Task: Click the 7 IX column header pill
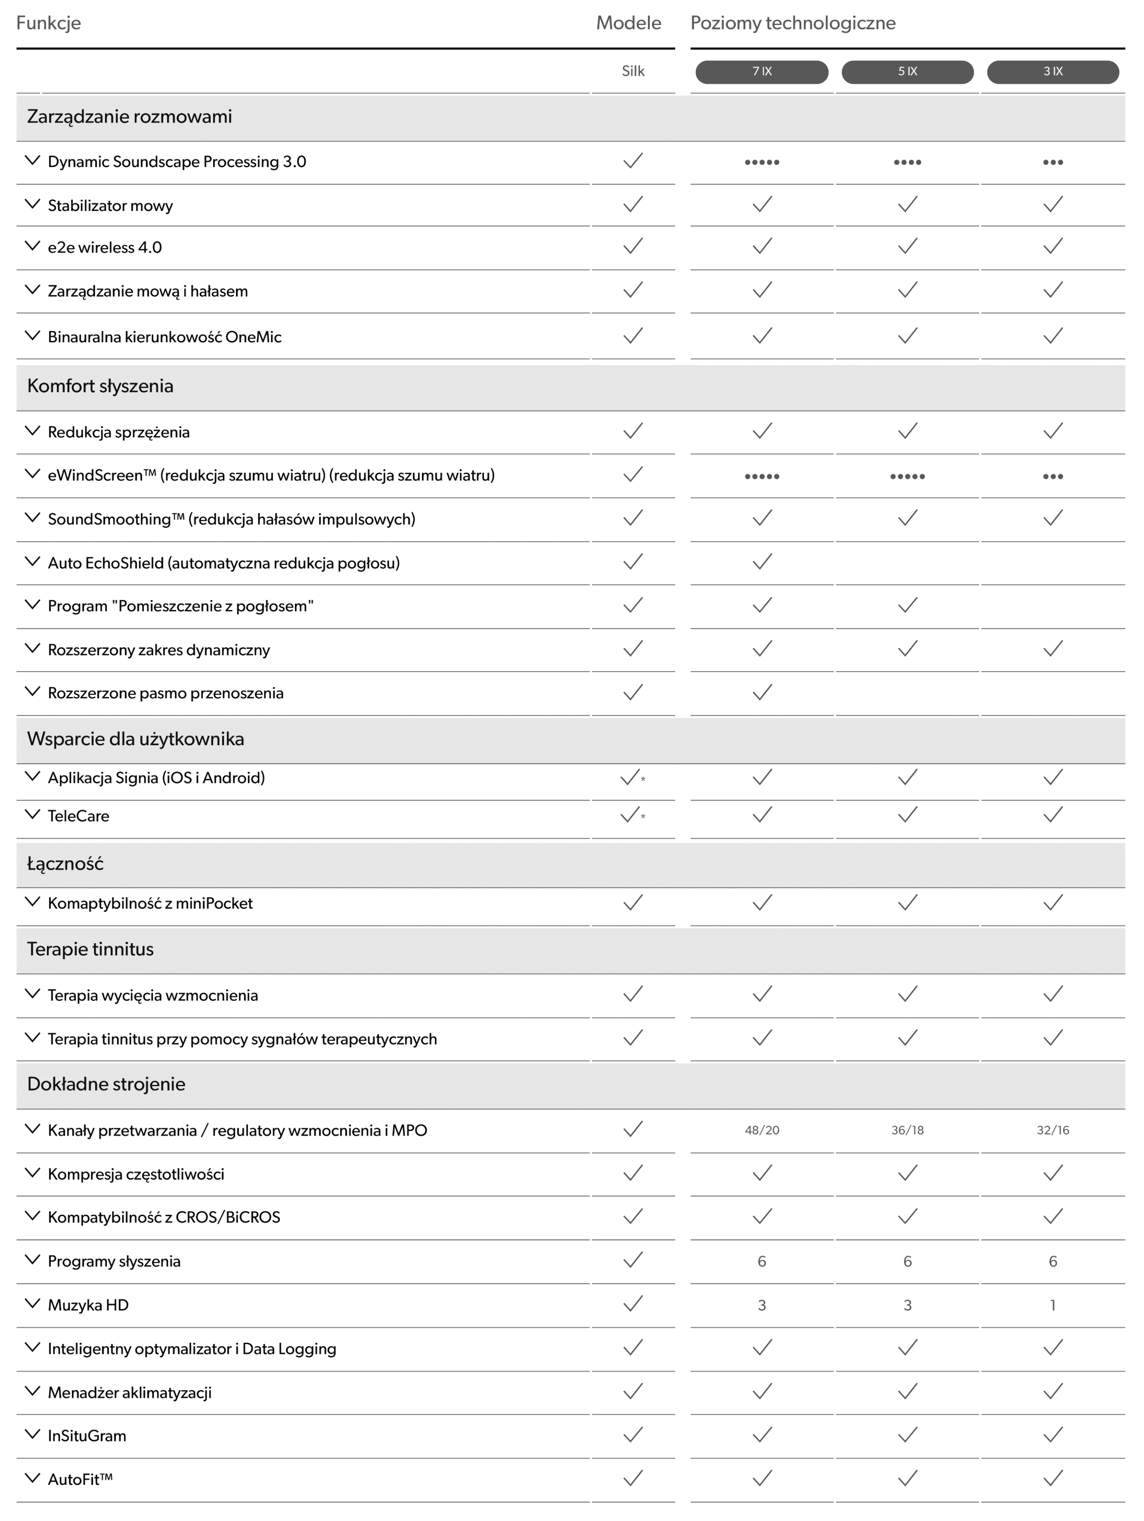tap(762, 71)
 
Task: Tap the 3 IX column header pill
tap(1052, 71)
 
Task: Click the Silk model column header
tap(632, 71)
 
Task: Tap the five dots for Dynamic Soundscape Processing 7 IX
tap(762, 162)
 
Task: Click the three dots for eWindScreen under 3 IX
tap(1052, 476)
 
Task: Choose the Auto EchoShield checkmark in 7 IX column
tap(762, 563)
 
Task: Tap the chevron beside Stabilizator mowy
tap(32, 204)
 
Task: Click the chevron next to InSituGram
tap(32, 1434)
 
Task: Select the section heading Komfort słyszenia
tap(101, 386)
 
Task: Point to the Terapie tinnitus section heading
tap(90, 949)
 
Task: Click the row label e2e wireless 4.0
tap(105, 248)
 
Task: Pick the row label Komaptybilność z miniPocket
tap(150, 903)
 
